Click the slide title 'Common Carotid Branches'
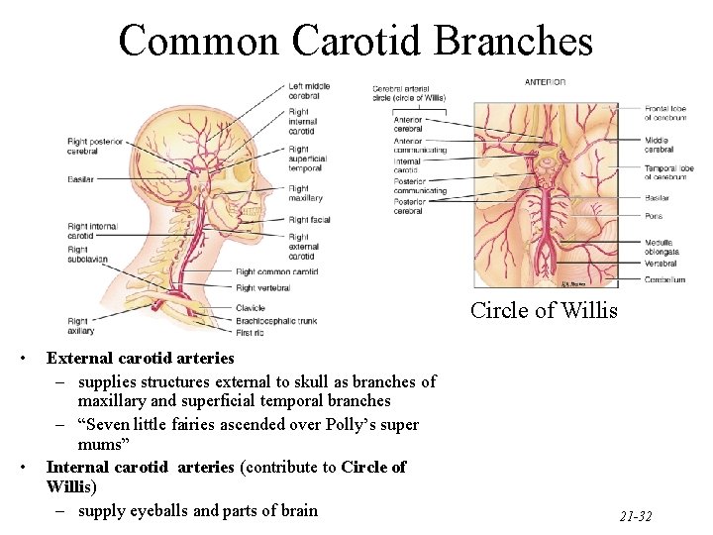(356, 41)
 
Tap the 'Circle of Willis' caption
(544, 310)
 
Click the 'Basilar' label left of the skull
(81, 179)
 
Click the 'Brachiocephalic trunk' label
(276, 320)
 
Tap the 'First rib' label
(252, 331)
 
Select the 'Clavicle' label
(251, 308)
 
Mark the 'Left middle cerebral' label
(309, 91)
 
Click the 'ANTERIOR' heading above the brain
(545, 82)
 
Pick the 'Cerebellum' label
(664, 280)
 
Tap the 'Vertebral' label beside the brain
(662, 264)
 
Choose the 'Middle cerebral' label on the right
(661, 146)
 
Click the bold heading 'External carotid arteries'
(140, 358)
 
